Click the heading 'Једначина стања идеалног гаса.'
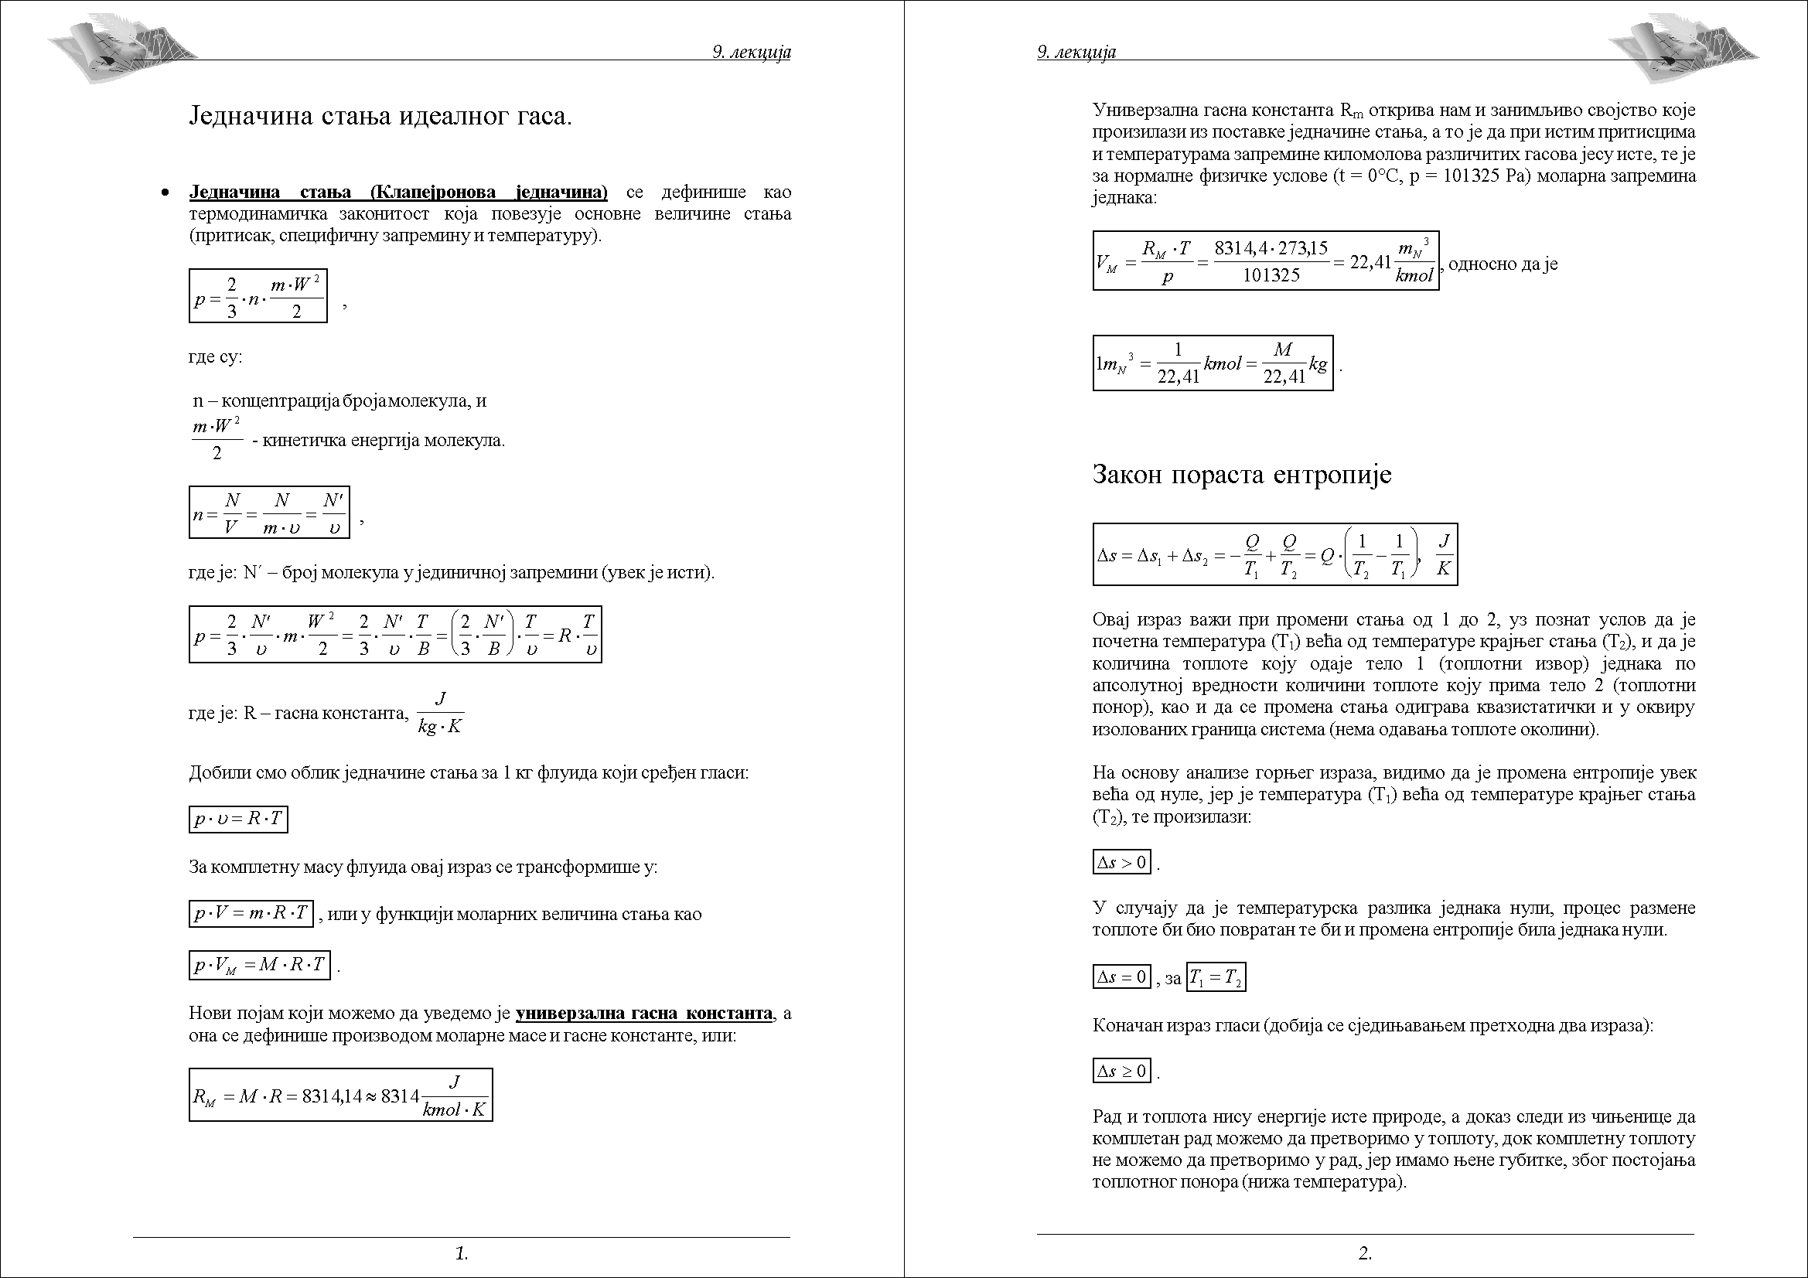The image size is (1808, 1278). coord(380,117)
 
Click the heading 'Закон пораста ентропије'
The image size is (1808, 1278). coord(1242,475)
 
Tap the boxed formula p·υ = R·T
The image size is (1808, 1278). coord(239,819)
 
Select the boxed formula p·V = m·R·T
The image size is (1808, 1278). coord(251,913)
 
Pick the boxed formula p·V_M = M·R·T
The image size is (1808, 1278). coord(259,965)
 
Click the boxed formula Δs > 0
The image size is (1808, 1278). coord(1122,862)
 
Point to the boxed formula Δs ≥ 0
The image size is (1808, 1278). coord(1122,1071)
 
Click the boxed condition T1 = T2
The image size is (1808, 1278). coord(1216,978)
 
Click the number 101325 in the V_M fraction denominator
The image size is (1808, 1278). coord(1271,275)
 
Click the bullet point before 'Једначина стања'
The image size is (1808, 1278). coord(165,193)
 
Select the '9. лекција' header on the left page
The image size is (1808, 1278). coord(751,52)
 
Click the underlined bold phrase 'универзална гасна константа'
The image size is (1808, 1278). coord(644,1013)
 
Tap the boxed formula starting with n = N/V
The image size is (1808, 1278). coord(269,513)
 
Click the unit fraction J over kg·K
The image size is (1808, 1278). coord(440,713)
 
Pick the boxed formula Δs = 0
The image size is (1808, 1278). coord(1122,978)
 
